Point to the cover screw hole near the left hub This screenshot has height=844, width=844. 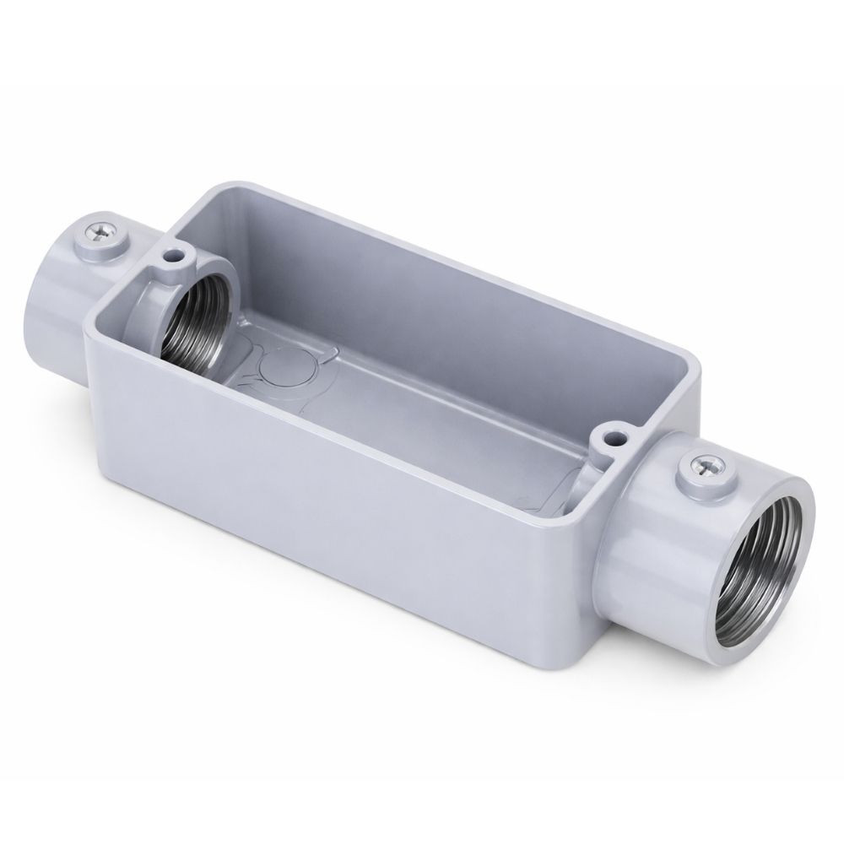[176, 252]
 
